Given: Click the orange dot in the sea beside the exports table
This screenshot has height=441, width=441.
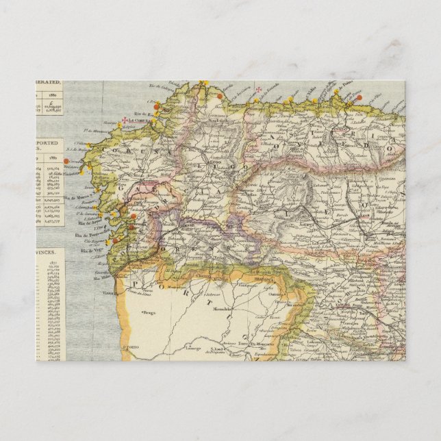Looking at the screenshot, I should click(67, 161).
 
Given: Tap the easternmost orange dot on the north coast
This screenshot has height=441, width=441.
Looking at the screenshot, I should click(359, 97).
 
